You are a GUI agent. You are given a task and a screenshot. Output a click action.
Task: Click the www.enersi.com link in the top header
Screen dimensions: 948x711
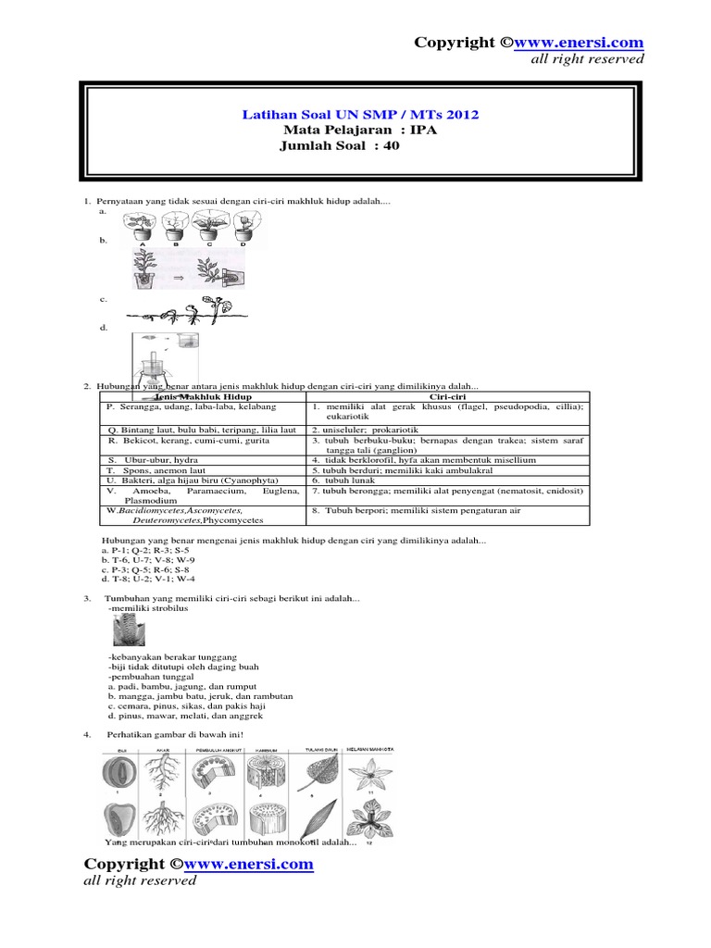click(578, 43)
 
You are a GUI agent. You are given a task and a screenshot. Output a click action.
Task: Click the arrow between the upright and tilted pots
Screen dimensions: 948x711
click(179, 275)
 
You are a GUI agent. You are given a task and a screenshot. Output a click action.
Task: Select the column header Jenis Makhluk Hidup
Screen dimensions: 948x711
click(203, 395)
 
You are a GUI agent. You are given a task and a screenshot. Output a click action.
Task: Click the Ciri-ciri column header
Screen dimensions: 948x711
click(446, 395)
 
